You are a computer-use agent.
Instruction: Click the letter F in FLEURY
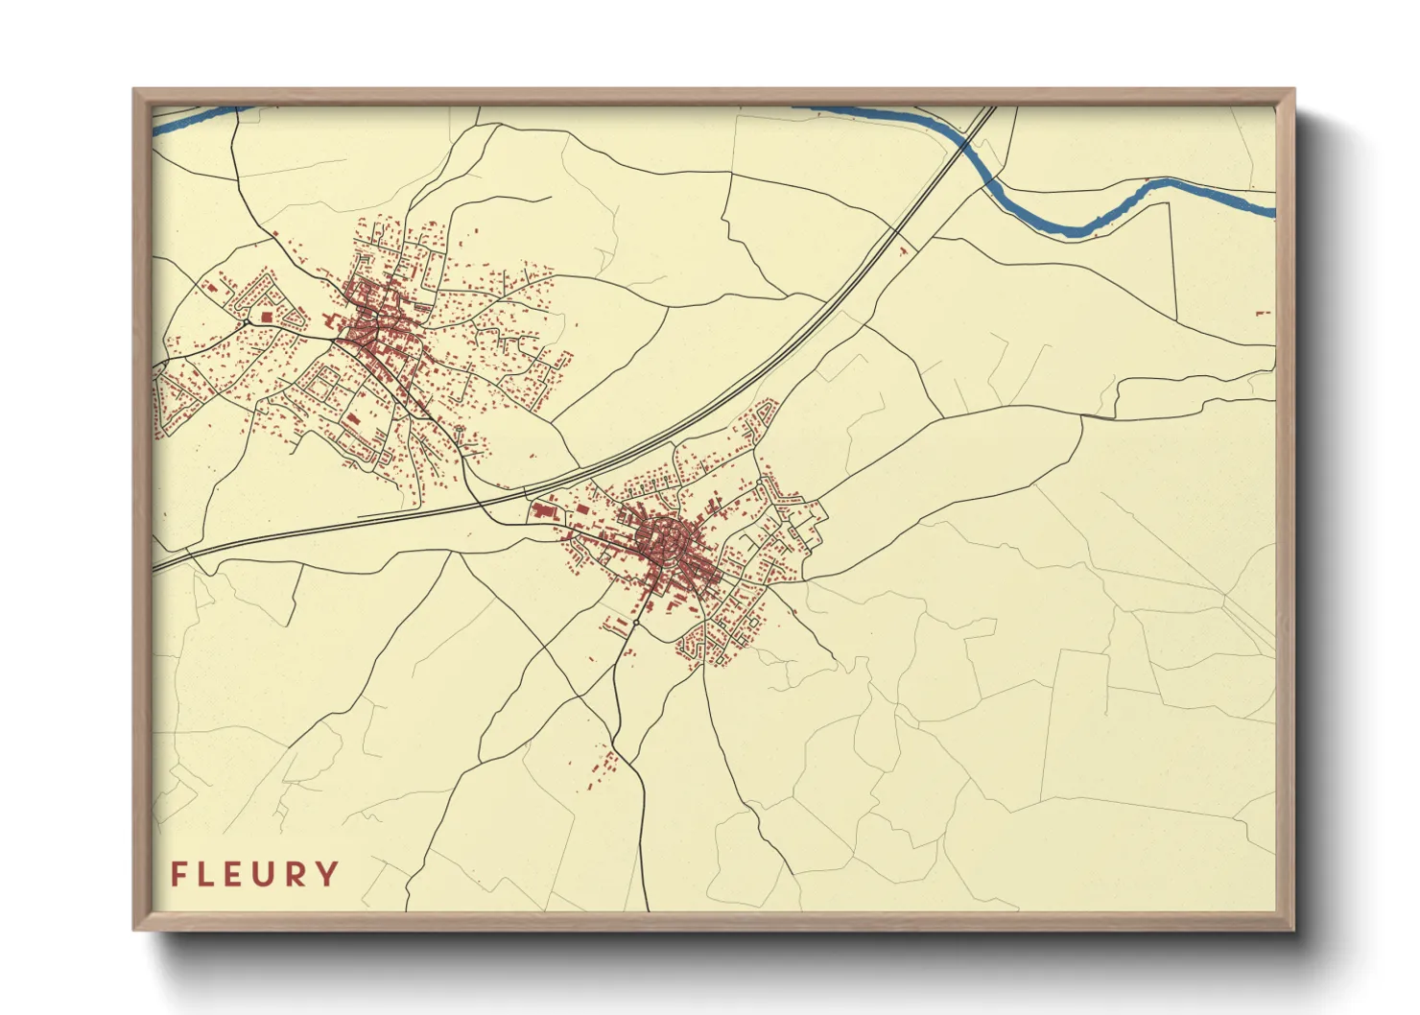coord(178,874)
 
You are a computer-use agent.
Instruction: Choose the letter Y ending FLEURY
coord(327,874)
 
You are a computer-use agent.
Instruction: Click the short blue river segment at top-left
coord(192,118)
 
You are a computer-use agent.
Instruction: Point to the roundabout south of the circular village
coord(635,624)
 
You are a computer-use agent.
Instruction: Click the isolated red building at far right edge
coord(1263,313)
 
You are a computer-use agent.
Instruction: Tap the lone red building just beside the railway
coord(903,251)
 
